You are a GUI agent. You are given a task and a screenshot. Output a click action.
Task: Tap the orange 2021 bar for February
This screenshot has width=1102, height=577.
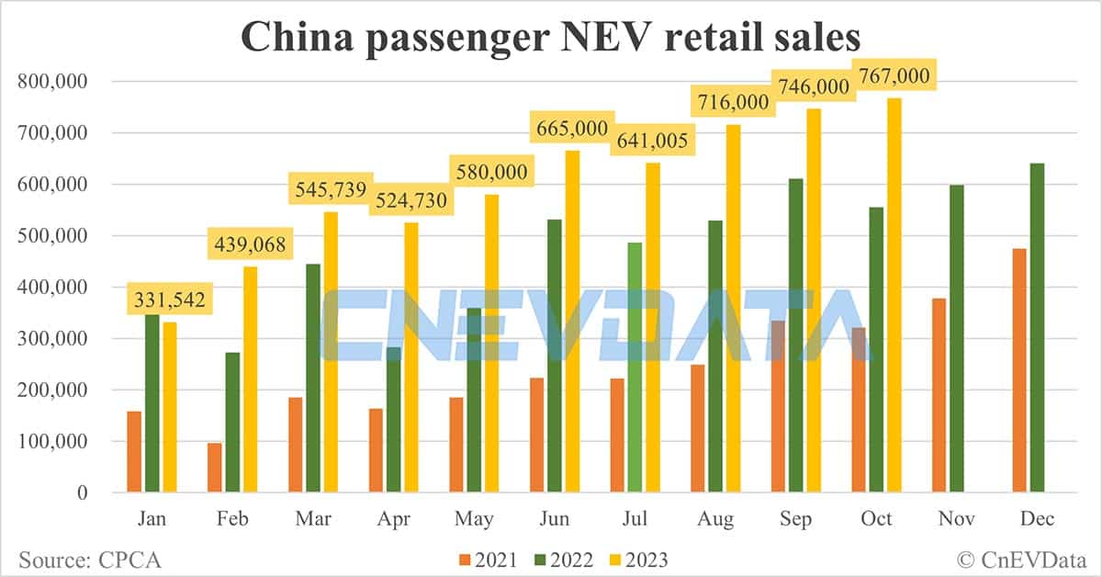pos(214,468)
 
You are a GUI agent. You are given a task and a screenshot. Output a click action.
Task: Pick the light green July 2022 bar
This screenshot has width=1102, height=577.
pos(635,368)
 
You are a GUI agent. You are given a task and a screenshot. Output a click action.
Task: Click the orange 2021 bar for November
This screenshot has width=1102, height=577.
pos(939,395)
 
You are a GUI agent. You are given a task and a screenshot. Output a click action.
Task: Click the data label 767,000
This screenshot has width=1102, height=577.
pos(893,74)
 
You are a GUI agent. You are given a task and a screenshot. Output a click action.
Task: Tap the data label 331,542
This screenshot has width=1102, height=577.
pos(169,300)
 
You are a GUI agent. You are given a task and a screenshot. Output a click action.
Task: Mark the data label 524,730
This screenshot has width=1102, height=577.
pos(410,201)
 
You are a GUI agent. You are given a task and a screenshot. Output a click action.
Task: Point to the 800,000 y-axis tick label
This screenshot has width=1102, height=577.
pos(52,81)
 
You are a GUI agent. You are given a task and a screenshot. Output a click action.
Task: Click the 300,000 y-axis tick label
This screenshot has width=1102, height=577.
pos(52,338)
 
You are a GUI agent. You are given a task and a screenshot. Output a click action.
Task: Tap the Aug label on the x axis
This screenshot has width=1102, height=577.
pos(715,519)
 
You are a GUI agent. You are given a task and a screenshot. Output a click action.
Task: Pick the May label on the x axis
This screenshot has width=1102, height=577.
pos(474,519)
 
